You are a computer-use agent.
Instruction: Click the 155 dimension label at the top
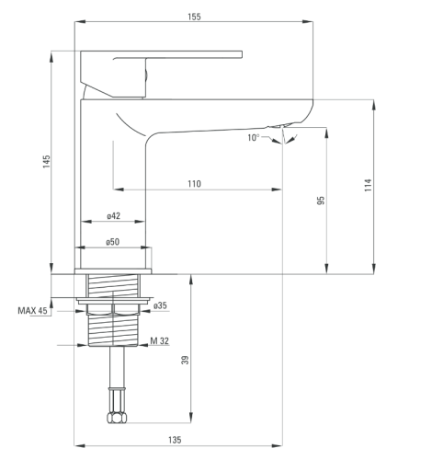(x=194, y=17)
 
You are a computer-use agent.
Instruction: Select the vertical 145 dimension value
(x=46, y=162)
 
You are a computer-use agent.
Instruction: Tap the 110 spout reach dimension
(x=194, y=184)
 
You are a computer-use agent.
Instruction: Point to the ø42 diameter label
(x=113, y=216)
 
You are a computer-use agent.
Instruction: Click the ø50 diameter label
(x=112, y=242)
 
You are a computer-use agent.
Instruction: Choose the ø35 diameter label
(x=160, y=305)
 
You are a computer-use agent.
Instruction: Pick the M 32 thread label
(x=159, y=340)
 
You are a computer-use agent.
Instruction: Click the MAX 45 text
(x=32, y=311)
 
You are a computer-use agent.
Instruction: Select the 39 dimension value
(x=185, y=360)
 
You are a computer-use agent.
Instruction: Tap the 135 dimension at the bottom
(x=175, y=440)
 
